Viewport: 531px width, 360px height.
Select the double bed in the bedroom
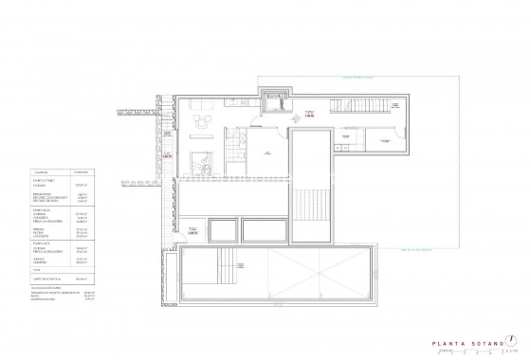[x=201, y=160]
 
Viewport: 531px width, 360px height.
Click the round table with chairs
[x=200, y=120]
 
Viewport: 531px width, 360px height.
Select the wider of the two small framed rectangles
[x=265, y=229]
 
